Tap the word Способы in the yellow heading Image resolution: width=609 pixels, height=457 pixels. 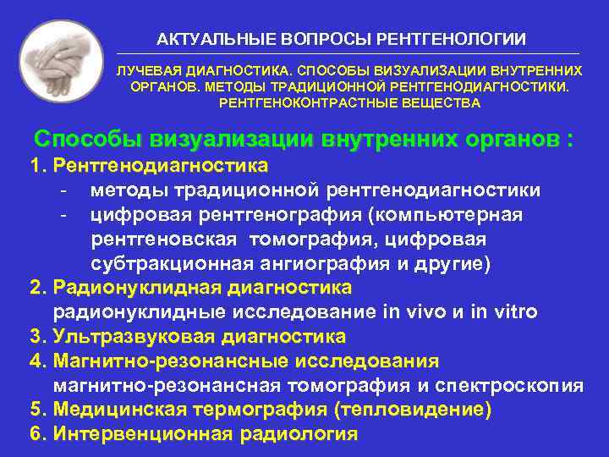tap(89, 139)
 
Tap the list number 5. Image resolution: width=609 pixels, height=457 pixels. tap(36, 410)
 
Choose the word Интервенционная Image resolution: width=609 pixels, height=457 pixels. tap(142, 435)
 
